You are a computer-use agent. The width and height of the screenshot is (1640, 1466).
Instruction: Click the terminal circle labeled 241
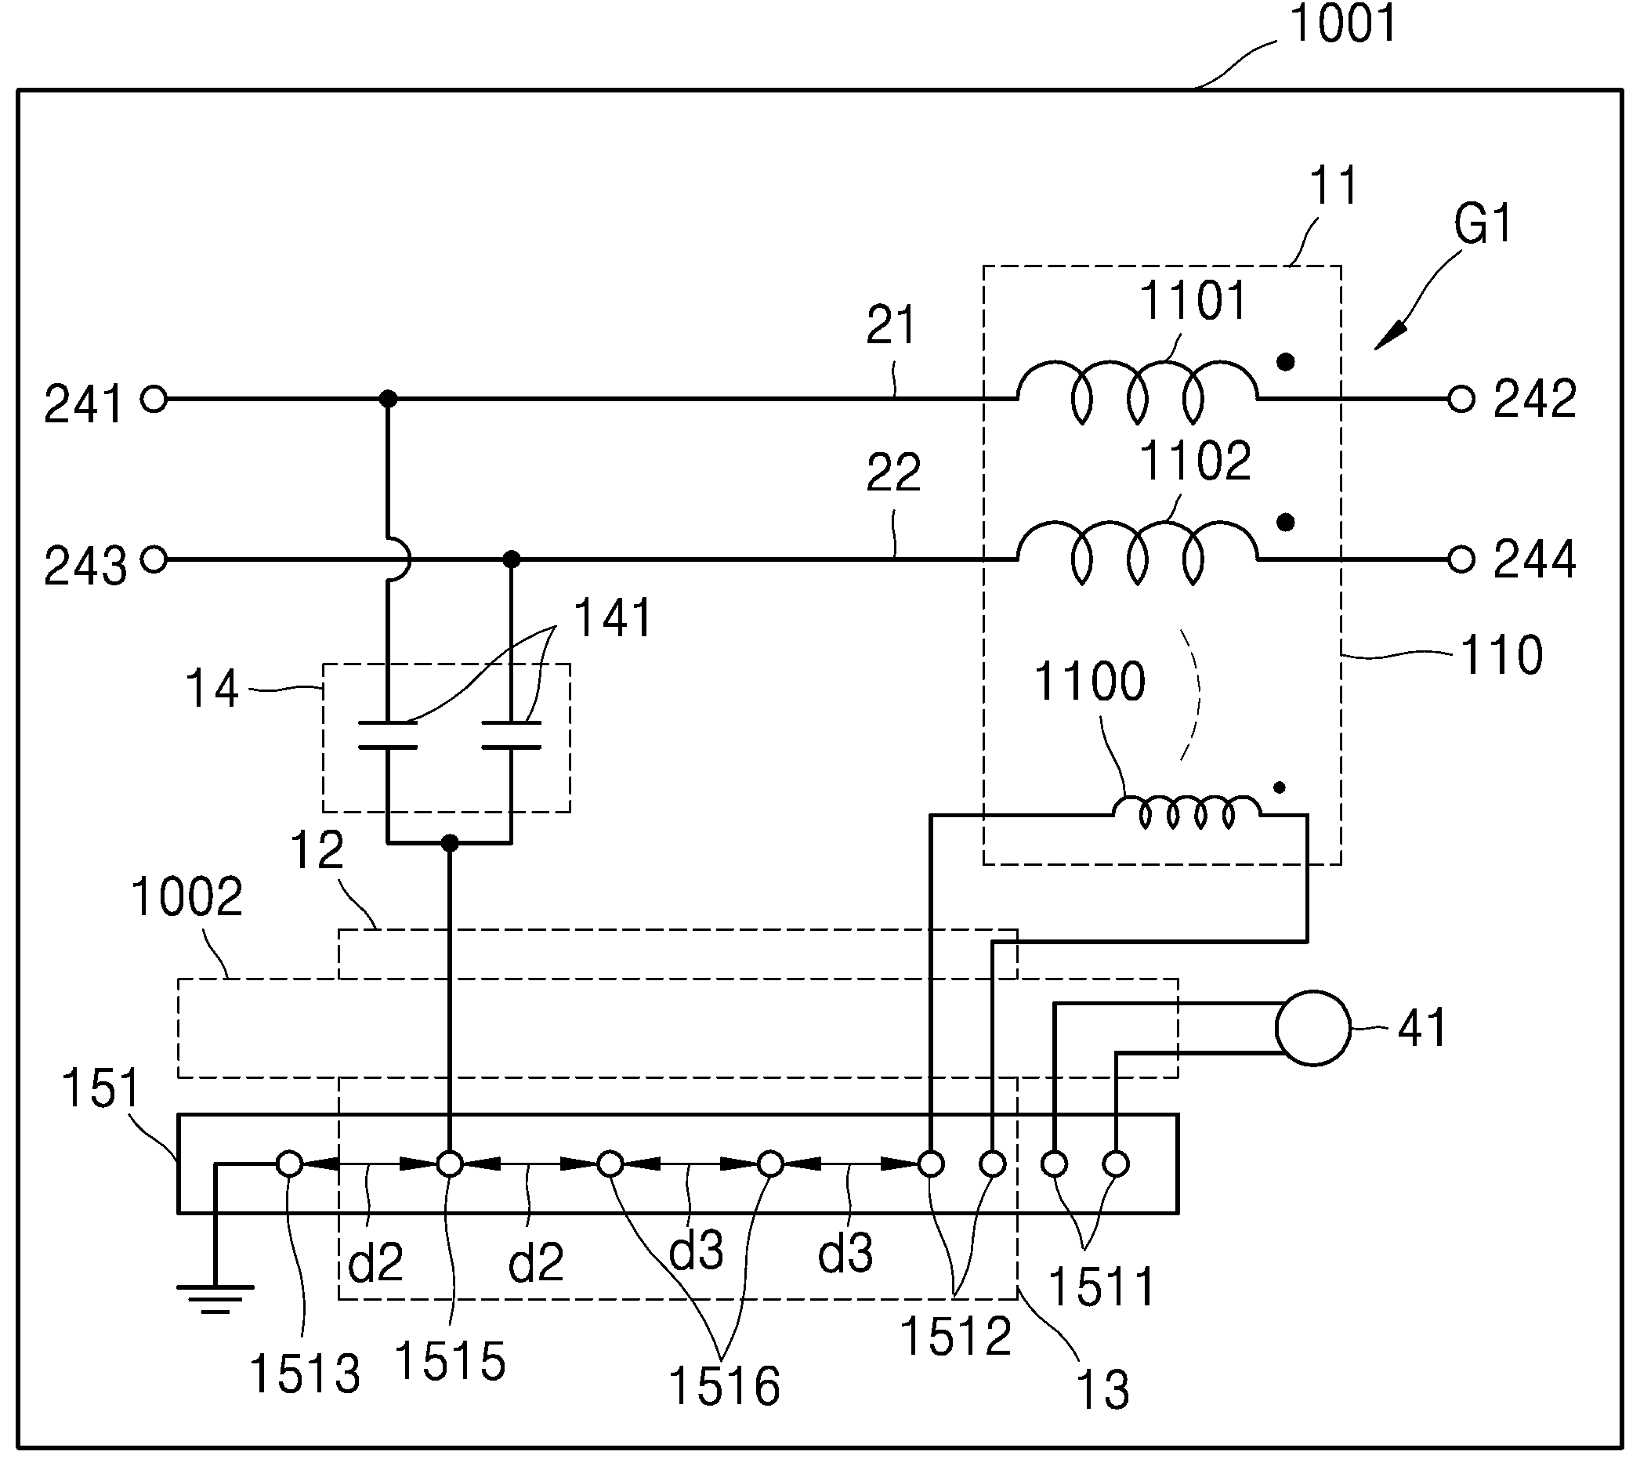(154, 399)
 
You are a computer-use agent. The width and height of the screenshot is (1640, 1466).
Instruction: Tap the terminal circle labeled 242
(1461, 399)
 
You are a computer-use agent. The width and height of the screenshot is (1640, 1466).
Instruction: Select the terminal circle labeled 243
(154, 559)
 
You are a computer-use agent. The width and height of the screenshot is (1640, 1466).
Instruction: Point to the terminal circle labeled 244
(1461, 559)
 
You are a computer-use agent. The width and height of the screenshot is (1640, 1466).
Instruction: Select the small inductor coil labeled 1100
(1188, 813)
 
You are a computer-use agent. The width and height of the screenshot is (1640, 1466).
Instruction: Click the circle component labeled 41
(1313, 1029)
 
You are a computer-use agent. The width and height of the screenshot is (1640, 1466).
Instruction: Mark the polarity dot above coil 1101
(1287, 363)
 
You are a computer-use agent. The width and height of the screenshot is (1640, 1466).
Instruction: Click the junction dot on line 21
(388, 399)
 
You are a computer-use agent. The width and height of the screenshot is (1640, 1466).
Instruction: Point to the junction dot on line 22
(511, 559)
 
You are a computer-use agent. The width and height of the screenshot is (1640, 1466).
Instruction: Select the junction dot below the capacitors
(451, 843)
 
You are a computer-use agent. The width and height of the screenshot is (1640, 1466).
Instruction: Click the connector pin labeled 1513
(290, 1164)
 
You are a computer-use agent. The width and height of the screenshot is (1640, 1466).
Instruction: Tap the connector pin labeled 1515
(450, 1164)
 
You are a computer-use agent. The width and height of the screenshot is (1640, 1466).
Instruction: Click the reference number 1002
(186, 897)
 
